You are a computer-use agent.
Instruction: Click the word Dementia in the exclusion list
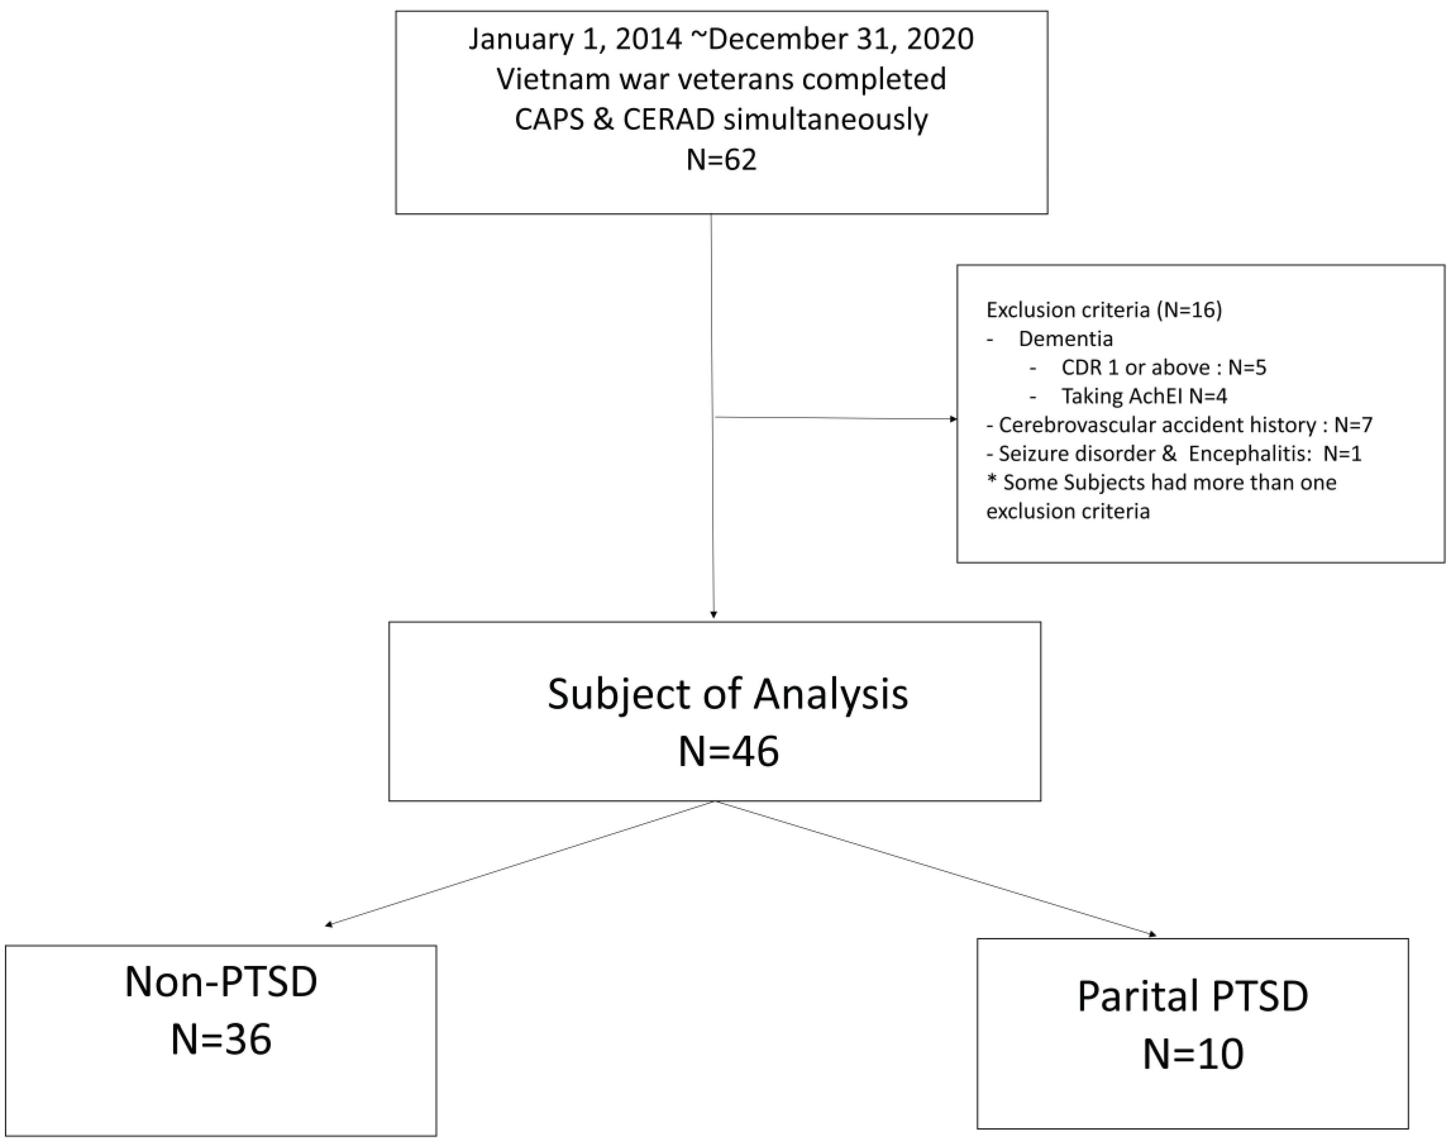pyautogui.click(x=1065, y=339)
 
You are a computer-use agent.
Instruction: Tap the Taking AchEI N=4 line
pyautogui.click(x=1144, y=397)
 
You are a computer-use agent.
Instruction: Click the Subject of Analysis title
pyautogui.click(x=727, y=694)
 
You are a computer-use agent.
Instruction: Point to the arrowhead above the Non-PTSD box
pyautogui.click(x=329, y=926)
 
